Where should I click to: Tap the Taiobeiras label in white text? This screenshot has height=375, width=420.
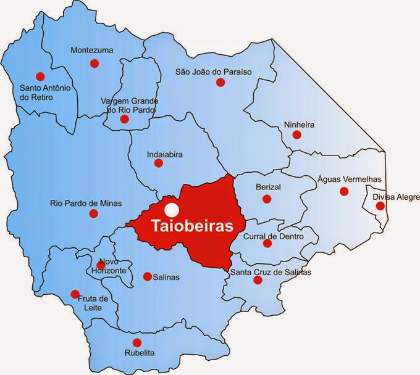(192, 226)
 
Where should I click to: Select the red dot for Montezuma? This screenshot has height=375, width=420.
(94, 64)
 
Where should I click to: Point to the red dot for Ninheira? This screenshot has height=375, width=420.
(296, 134)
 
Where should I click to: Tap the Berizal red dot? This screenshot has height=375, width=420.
(267, 199)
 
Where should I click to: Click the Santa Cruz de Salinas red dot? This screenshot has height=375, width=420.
(258, 280)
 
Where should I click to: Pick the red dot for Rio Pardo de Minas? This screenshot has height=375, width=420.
(94, 213)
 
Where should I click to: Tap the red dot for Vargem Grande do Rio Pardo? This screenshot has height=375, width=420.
(125, 119)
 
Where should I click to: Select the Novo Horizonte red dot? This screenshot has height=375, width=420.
(101, 265)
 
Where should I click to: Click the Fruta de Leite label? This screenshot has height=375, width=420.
(93, 303)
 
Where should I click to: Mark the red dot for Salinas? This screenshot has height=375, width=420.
(147, 276)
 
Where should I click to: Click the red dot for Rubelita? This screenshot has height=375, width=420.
(137, 342)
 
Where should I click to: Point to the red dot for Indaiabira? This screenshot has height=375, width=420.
(158, 163)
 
